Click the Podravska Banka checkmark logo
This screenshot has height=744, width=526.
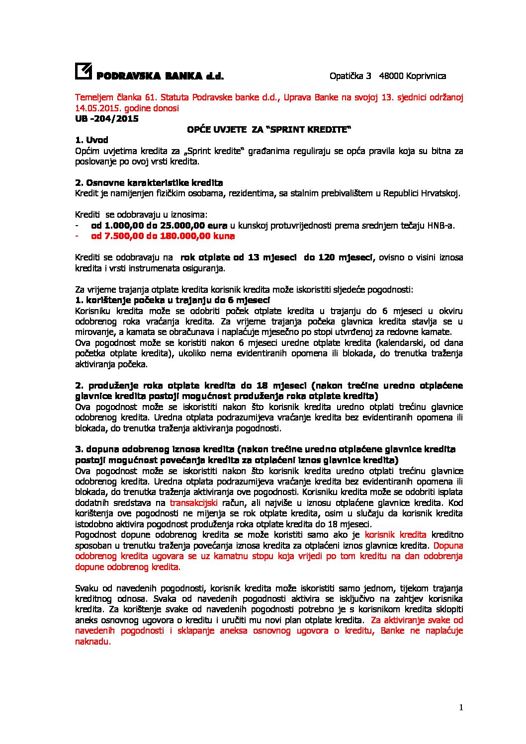click(x=83, y=72)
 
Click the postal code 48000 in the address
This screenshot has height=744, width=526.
click(x=391, y=76)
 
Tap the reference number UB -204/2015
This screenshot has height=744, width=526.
click(x=106, y=119)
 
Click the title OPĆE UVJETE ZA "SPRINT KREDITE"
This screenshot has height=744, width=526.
click(x=268, y=129)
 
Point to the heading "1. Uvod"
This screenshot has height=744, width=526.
click(x=91, y=140)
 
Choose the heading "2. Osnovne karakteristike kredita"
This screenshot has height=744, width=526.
click(x=149, y=183)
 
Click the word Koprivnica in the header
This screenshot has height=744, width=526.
click(x=426, y=76)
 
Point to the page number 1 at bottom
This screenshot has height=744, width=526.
click(x=461, y=708)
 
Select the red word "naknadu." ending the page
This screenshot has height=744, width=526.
click(x=92, y=642)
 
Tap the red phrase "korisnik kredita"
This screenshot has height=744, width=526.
click(x=395, y=535)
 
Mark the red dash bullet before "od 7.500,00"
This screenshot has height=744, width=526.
click(x=77, y=236)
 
